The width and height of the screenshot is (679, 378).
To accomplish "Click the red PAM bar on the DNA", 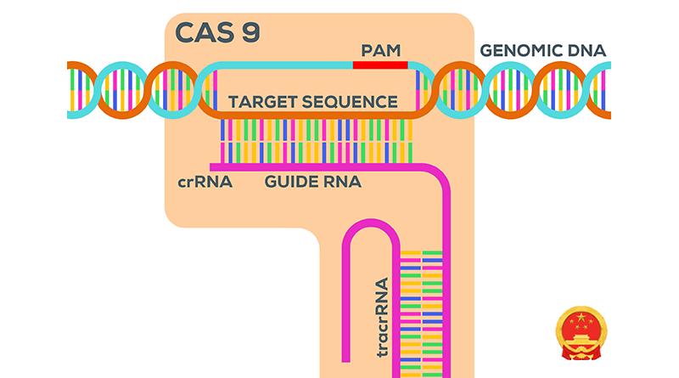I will [380, 65].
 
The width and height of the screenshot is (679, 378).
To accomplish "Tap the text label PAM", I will [379, 49].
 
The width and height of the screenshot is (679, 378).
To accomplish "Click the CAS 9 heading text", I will [217, 32].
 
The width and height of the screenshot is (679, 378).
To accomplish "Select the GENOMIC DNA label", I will [543, 50].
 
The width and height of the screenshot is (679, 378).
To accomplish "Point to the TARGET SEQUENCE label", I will [313, 102].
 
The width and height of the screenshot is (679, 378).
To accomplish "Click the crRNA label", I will [205, 182].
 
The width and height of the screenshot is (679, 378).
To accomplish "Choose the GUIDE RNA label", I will [313, 182].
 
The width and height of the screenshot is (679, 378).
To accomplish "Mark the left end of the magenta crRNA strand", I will [212, 166].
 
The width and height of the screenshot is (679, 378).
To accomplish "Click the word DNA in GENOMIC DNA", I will [588, 50].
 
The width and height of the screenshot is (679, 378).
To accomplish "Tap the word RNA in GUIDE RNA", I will [344, 182].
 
